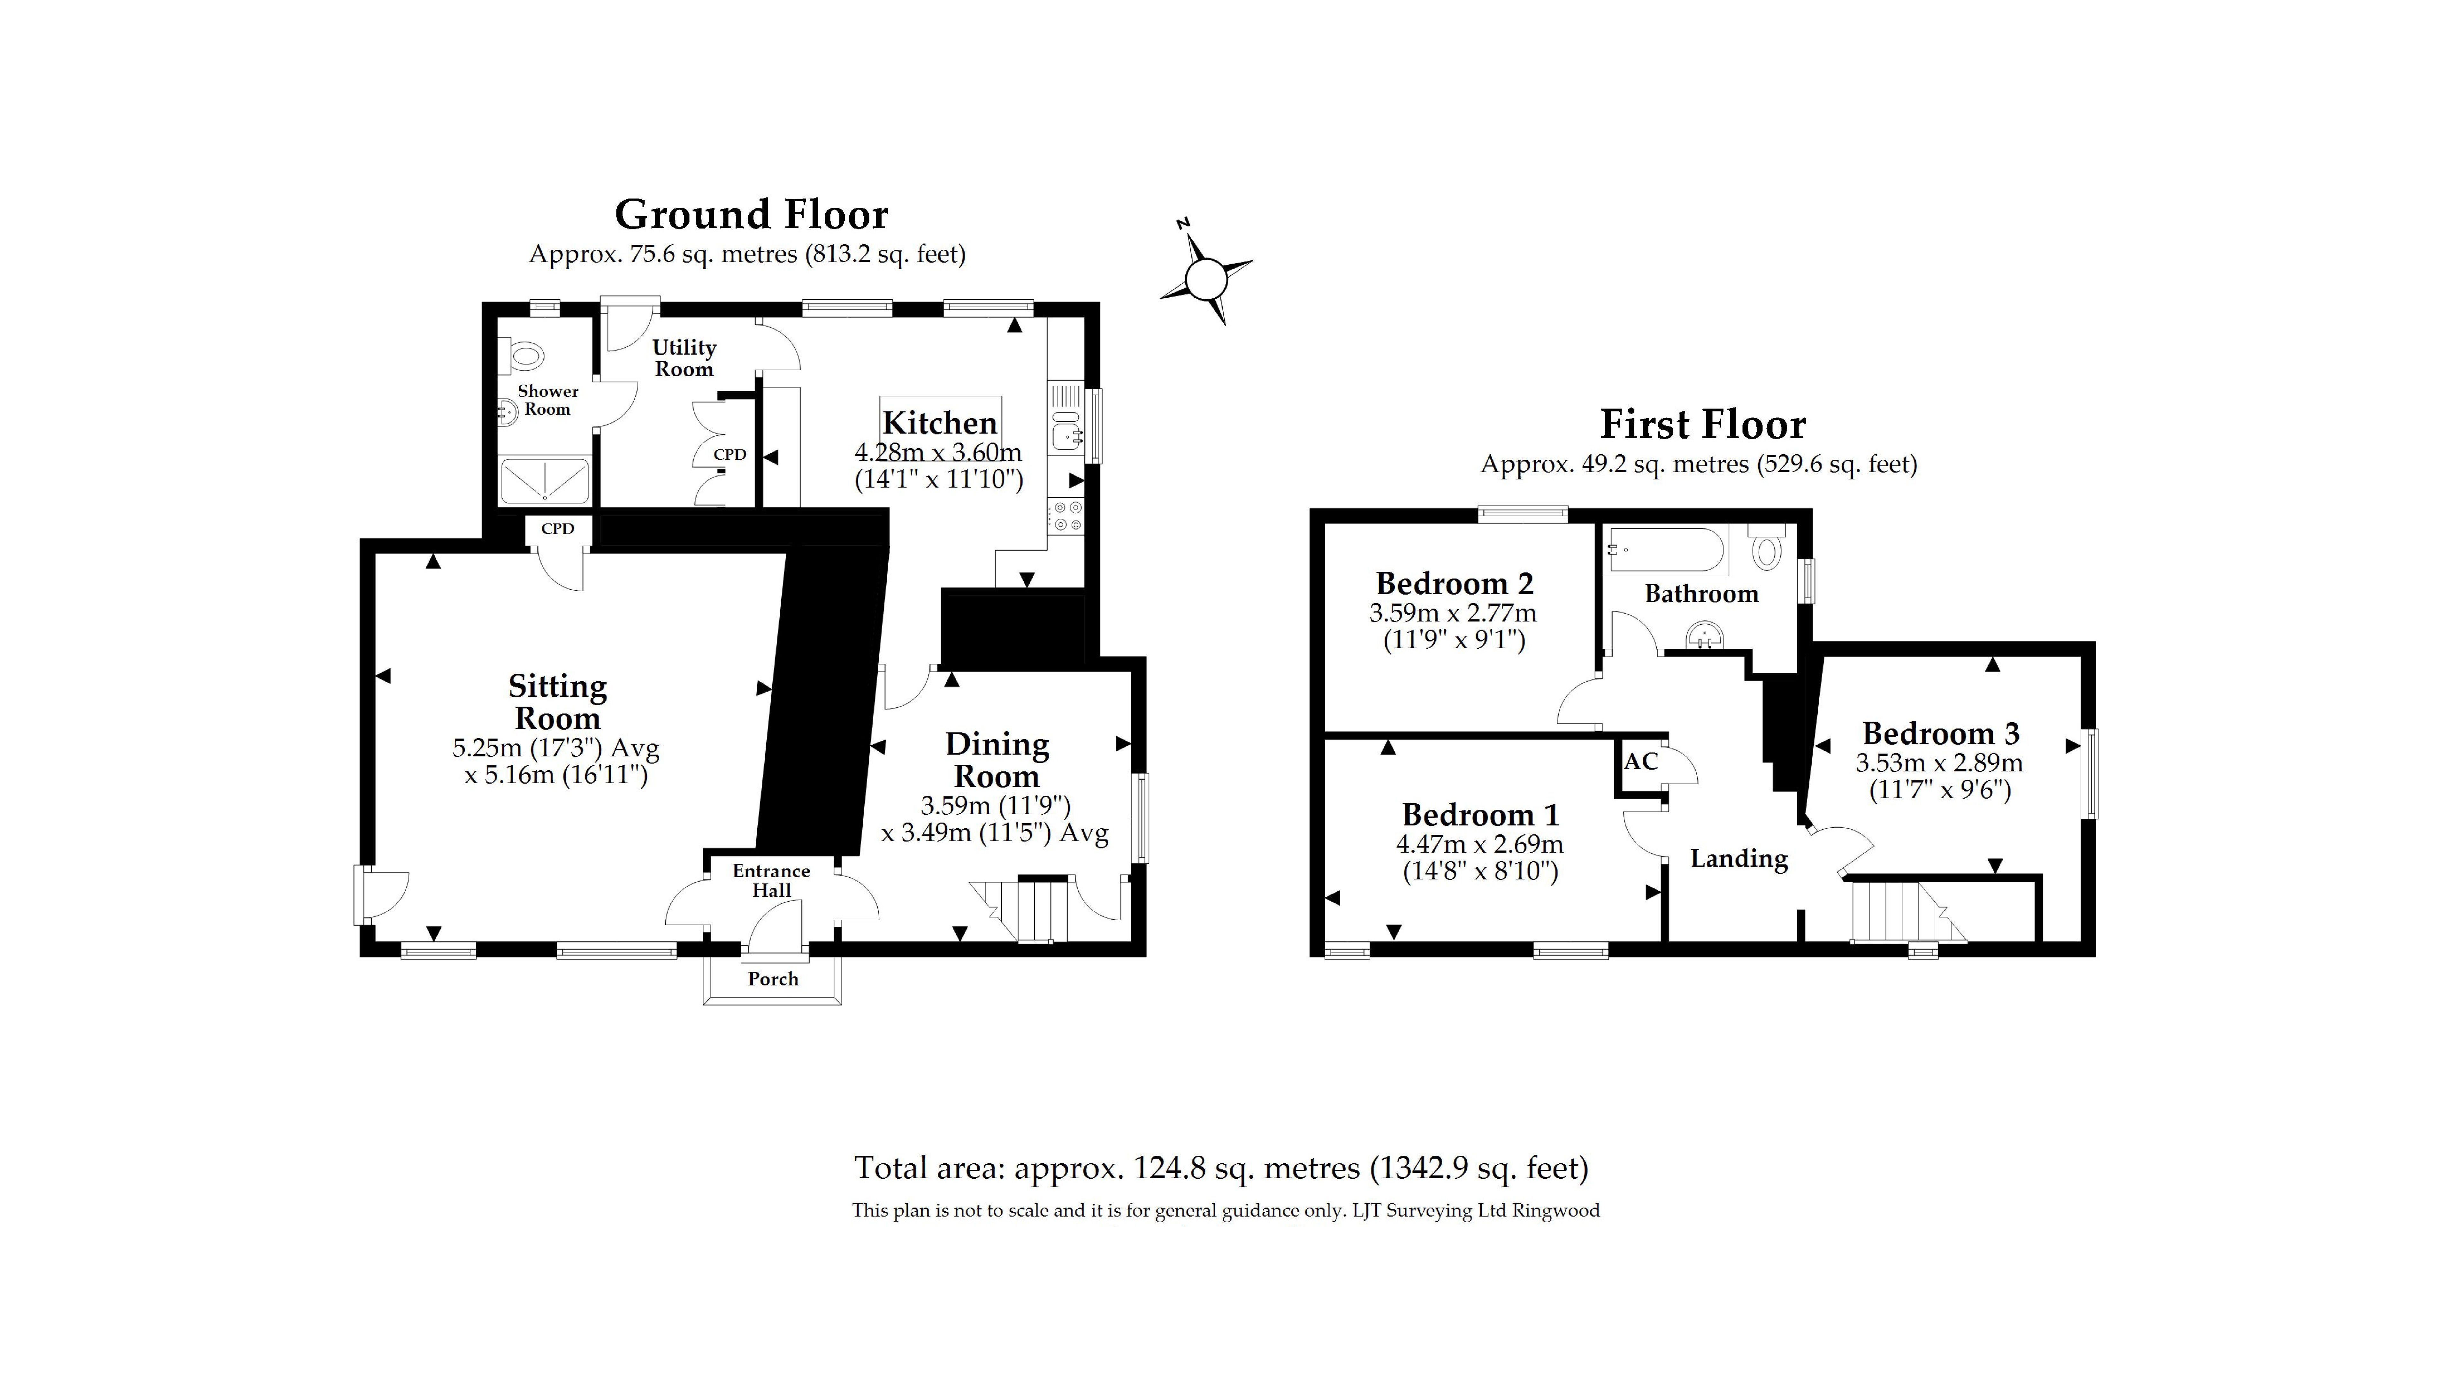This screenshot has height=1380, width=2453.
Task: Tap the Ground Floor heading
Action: point(751,214)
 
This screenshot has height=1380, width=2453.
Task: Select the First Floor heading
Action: point(1703,424)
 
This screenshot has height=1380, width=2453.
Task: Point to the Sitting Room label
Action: point(557,702)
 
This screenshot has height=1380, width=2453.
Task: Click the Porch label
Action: point(772,979)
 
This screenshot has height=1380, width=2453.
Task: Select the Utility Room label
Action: point(684,358)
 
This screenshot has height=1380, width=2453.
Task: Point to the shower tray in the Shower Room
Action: point(545,481)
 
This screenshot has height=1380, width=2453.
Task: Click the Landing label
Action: point(1739,859)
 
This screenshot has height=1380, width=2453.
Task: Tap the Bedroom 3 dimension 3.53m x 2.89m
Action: point(1939,763)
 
